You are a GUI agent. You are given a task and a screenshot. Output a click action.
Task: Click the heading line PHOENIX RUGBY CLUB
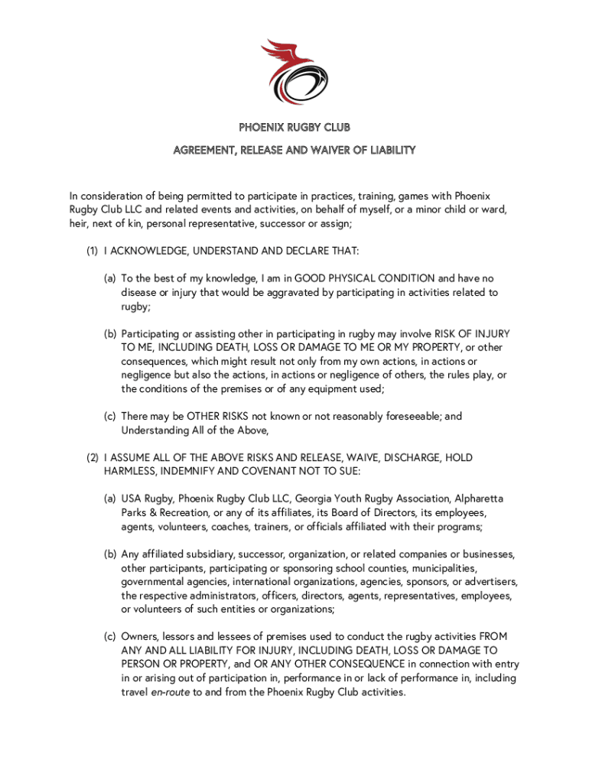coord(294,127)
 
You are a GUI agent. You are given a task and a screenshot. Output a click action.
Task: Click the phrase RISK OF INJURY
coord(472,334)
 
